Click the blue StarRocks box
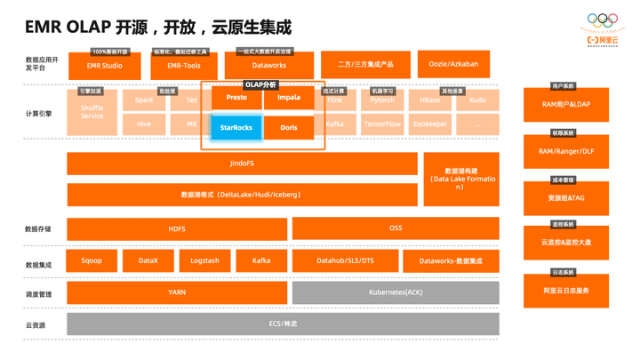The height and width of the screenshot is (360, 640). pos(236,128)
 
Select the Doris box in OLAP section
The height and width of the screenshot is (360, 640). pos(289,128)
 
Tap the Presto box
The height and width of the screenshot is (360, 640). pos(236,98)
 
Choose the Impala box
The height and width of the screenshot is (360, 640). pos(289,98)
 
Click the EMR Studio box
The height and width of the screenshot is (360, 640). pos(105,65)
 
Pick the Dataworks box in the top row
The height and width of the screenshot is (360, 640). pos(269,65)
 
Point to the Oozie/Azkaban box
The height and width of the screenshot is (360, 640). pos(453,65)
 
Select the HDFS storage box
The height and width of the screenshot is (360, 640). pos(177,228)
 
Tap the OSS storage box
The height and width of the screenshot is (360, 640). pos(396,228)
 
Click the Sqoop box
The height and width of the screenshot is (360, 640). pos(91,260)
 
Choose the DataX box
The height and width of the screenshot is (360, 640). pos(148,260)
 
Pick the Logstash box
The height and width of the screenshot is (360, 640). pos(204,260)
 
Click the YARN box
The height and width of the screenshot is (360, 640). pos(177,292)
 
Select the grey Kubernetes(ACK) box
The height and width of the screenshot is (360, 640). pos(396,292)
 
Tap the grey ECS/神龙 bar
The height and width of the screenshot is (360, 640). pos(283,324)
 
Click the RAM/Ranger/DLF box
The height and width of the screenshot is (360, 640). pos(566,151)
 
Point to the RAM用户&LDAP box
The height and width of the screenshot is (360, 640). pos(566,105)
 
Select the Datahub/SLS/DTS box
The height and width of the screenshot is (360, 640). pos(345,260)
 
